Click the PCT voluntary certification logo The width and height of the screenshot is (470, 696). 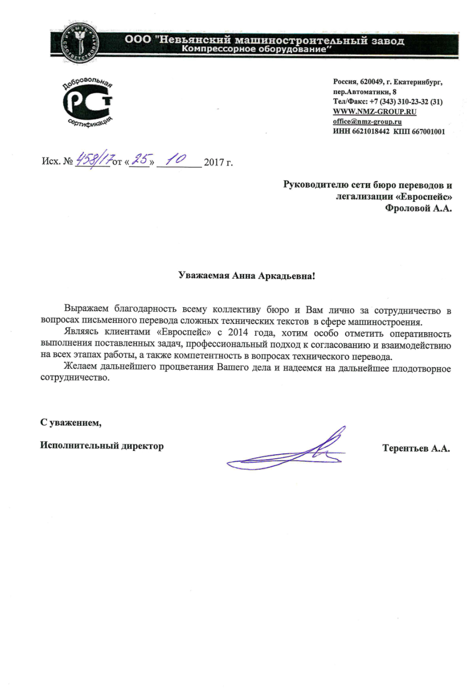point(87,102)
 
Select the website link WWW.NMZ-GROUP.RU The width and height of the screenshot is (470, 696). point(374,112)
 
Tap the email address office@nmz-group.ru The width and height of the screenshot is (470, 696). point(367,122)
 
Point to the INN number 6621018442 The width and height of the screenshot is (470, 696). point(370,131)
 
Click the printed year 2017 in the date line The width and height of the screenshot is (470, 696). point(214,162)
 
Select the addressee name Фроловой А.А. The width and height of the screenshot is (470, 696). point(418,208)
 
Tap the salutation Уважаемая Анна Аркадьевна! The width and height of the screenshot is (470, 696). point(246,275)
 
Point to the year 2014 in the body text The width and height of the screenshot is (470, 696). point(238,332)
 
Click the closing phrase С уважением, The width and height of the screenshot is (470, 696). point(71,423)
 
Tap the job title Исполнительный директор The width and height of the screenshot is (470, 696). point(102,446)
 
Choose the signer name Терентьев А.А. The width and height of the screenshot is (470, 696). point(416,448)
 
